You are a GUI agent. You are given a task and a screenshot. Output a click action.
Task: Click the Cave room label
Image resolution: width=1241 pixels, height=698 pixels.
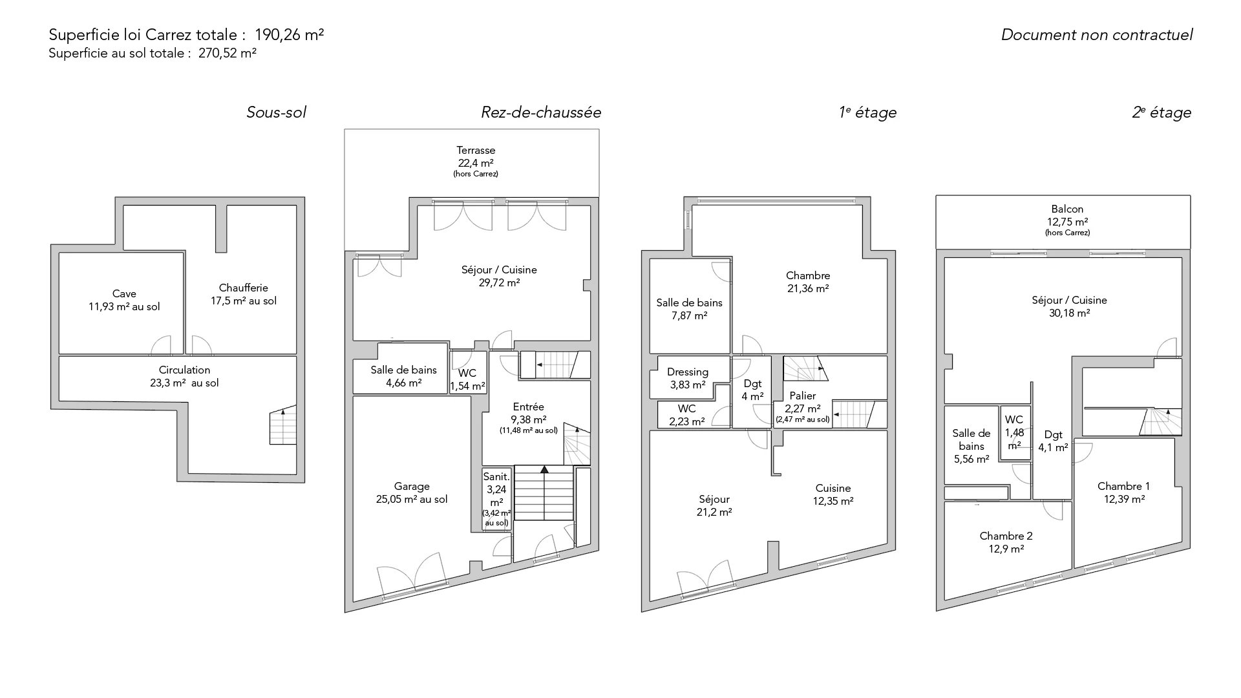tap(124, 294)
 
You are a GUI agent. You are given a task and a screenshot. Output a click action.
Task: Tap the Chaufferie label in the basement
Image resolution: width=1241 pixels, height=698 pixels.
tap(243, 288)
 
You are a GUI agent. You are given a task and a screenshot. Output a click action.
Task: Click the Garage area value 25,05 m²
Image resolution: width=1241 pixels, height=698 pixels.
tap(412, 499)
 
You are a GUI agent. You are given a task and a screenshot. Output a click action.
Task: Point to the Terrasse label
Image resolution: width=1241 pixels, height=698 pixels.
tap(476, 150)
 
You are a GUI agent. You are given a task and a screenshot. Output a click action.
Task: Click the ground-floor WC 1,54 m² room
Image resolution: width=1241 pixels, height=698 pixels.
tap(467, 372)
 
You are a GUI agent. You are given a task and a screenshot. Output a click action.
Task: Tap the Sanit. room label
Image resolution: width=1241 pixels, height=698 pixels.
tap(496, 476)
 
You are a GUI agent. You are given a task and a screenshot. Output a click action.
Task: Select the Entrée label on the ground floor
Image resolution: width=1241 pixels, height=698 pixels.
tap(528, 407)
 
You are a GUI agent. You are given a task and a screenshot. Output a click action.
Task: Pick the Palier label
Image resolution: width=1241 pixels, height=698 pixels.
tap(803, 396)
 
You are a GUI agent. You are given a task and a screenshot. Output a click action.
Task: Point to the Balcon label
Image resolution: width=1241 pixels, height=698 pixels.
tap(1067, 209)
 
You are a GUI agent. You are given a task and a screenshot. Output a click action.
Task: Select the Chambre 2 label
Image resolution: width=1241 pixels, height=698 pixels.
tap(1006, 536)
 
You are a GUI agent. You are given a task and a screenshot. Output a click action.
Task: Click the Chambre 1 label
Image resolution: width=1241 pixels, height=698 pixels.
tap(1123, 486)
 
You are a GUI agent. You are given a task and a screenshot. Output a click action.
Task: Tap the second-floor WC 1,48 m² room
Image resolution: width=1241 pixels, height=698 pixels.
tap(1014, 432)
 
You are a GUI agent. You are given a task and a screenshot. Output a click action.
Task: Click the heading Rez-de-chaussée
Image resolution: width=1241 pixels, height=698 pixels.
tap(541, 112)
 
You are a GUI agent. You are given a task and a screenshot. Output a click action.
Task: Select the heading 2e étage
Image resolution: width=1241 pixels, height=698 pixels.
tap(1161, 112)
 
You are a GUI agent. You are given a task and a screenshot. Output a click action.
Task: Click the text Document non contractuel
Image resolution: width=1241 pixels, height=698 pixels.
tap(1097, 35)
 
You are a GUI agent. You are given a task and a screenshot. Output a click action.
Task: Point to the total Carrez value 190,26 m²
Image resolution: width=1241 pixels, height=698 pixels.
tap(290, 35)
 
